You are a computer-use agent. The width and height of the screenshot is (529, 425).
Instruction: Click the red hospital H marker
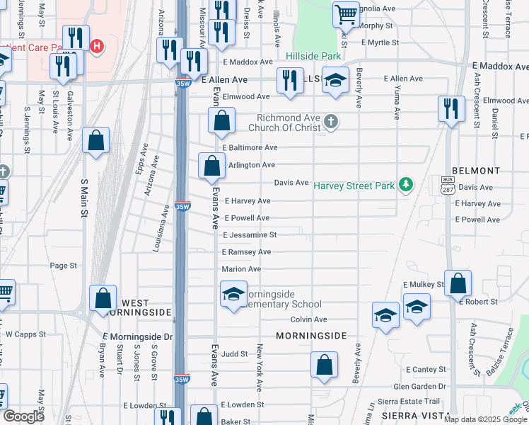pos(97,47)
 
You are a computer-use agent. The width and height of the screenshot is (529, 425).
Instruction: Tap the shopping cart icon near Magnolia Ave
pos(346,13)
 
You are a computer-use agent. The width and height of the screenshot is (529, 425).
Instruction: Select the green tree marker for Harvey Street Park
pos(405,185)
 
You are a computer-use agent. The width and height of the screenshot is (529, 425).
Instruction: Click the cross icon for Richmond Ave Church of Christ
pos(330,122)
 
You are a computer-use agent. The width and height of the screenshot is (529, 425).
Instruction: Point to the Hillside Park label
pos(313,56)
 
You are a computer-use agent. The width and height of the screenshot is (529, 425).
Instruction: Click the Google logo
pos(23,416)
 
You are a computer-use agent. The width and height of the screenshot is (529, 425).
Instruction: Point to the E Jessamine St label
pos(250,235)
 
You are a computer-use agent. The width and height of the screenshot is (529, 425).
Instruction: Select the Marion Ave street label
pos(241,269)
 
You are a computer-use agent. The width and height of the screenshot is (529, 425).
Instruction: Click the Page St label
pos(64,266)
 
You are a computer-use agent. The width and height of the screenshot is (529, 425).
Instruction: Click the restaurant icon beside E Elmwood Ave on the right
pos(450,108)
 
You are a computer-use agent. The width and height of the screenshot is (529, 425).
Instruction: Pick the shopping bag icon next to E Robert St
pos(458,283)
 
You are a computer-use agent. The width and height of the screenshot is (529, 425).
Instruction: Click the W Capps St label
pos(25,334)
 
